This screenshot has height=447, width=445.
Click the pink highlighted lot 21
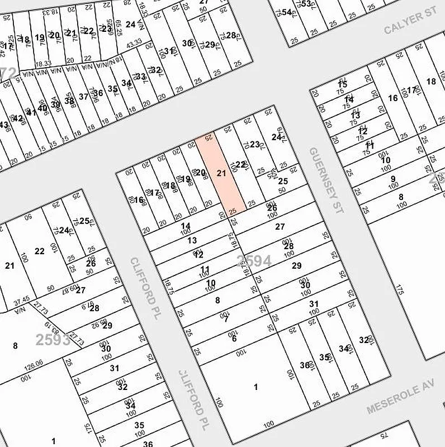[x=221, y=174]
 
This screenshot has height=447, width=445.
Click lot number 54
[x=287, y=12]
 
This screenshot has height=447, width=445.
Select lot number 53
[x=305, y=4]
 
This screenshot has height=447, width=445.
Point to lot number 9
[x=393, y=179]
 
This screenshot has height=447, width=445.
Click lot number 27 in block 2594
[x=280, y=227]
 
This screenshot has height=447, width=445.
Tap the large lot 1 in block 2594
[x=256, y=387]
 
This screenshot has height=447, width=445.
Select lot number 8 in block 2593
[x=15, y=345]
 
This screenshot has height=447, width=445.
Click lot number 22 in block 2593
[x=39, y=251]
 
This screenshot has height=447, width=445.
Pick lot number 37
[x=83, y=97]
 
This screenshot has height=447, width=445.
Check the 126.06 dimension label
[x=33, y=363]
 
